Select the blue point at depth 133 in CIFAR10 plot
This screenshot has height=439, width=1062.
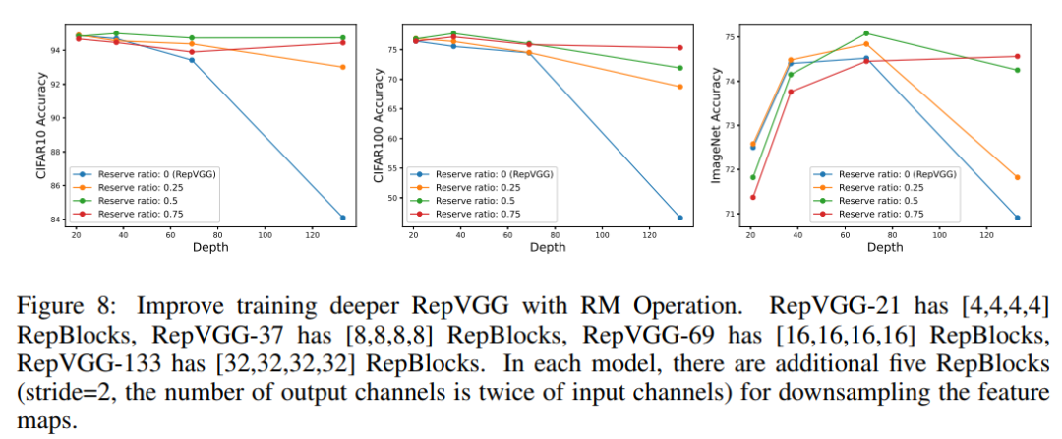pos(342,218)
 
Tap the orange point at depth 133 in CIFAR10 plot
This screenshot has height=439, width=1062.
pos(342,67)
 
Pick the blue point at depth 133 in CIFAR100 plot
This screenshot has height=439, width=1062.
pos(680,218)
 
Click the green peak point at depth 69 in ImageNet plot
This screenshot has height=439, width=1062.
pos(866,33)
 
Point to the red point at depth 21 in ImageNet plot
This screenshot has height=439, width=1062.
pos(753,197)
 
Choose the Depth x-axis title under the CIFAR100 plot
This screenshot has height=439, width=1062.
pos(547,248)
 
